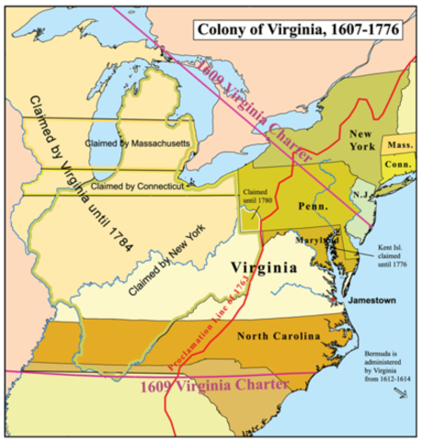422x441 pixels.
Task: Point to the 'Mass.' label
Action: coord(399,146)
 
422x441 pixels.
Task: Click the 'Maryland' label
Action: coord(314,240)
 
